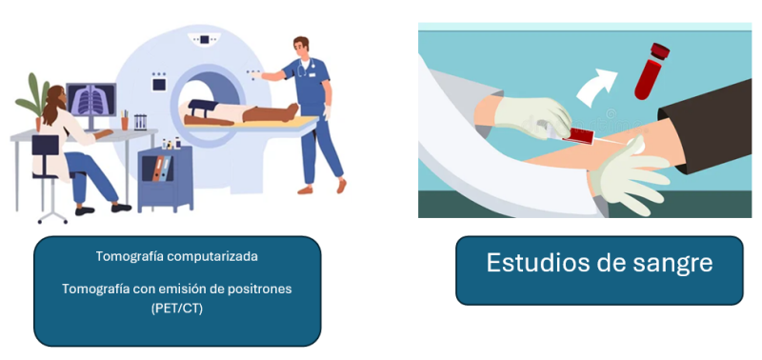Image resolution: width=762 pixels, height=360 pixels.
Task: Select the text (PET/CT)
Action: [177, 309]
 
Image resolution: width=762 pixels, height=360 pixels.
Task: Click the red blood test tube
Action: [652, 71]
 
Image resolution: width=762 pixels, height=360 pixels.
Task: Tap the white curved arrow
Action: [596, 87]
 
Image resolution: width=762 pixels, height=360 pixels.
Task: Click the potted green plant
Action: [34, 101]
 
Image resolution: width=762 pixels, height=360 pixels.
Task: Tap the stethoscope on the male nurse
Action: [304, 69]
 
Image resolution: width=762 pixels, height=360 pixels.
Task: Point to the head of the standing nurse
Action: [301, 46]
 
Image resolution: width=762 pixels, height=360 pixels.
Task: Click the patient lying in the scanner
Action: [241, 113]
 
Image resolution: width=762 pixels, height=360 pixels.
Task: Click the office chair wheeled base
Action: [52, 213]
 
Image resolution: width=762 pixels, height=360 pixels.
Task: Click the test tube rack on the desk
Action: [140, 122]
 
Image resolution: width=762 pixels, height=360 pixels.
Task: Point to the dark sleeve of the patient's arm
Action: [706, 124]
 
